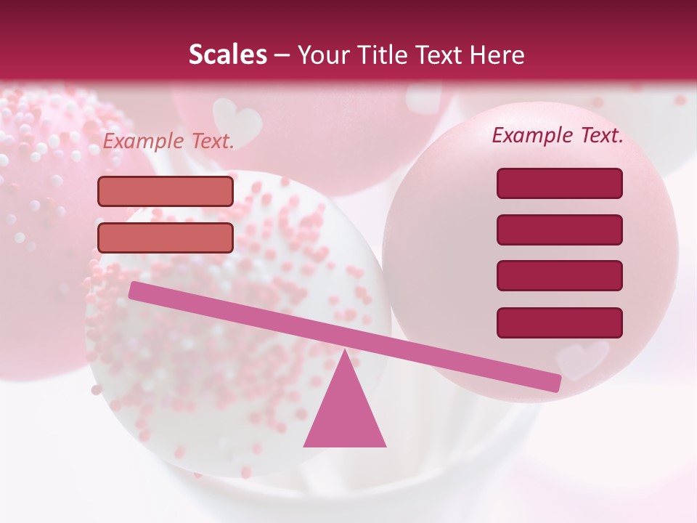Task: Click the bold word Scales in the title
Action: click(x=227, y=54)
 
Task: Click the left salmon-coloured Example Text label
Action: click(x=168, y=142)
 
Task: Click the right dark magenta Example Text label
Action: click(x=558, y=135)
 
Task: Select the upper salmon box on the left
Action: click(x=166, y=191)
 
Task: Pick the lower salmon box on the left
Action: click(x=166, y=238)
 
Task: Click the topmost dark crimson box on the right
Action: click(x=559, y=183)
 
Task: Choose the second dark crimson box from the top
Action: click(x=559, y=230)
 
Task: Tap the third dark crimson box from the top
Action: click(x=559, y=275)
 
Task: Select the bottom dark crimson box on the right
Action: click(x=559, y=323)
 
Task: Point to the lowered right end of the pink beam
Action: click(x=555, y=383)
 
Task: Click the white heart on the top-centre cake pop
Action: click(x=238, y=119)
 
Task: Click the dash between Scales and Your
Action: click(x=282, y=55)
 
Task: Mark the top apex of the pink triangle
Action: click(x=345, y=350)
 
